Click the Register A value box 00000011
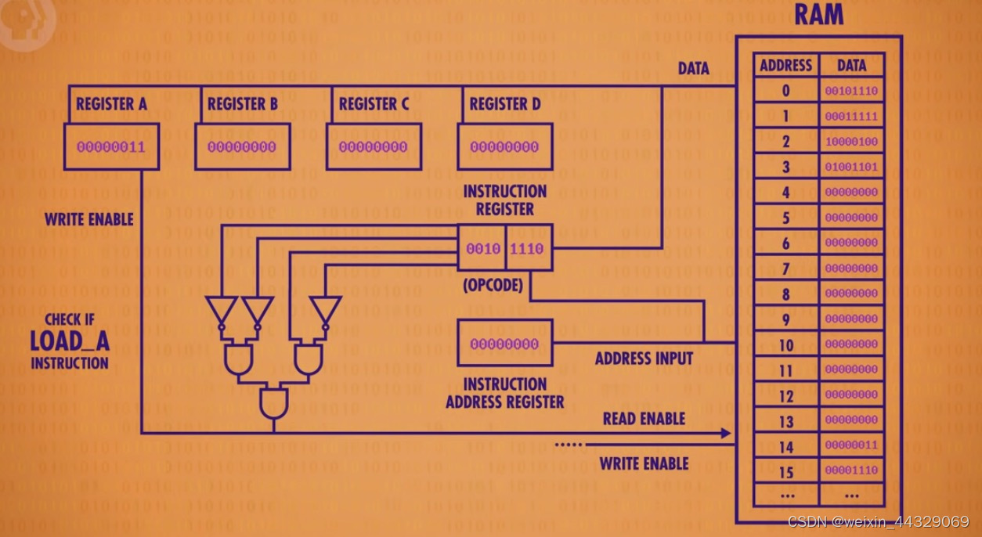pos(111,146)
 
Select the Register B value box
pos(242,146)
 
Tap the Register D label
pos(504,103)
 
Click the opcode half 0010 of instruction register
pos(483,249)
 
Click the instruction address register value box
pos(504,343)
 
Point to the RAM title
pos(819,14)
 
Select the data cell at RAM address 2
pos(851,142)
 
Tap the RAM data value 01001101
pos(851,167)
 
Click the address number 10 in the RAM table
pos(785,345)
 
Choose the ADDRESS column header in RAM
pos(785,66)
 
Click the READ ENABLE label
pos(644,419)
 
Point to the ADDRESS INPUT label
pos(644,359)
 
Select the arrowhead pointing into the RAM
pos(726,433)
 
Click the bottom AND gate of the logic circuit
pos(273,403)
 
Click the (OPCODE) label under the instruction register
pos(493,285)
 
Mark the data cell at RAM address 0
pos(851,91)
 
